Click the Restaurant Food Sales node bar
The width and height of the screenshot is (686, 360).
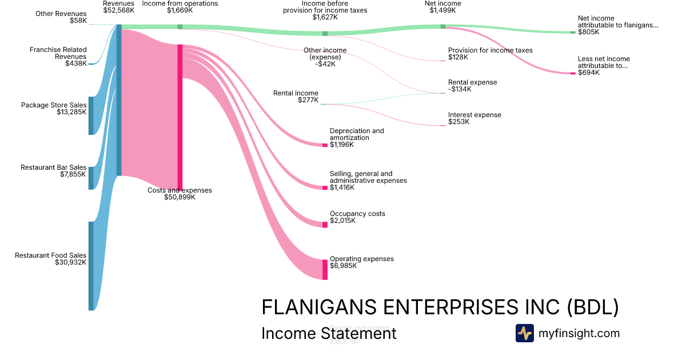tap(91, 266)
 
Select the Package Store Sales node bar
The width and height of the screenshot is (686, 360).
tap(91, 115)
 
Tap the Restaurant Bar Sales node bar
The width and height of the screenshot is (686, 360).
tap(91, 178)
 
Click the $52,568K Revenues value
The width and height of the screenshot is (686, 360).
tap(119, 10)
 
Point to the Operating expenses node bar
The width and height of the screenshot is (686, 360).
tap(325, 269)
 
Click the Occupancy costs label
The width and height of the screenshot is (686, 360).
tap(357, 214)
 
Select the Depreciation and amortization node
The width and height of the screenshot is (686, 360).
tap(325, 145)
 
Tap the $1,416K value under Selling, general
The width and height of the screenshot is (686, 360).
tap(342, 187)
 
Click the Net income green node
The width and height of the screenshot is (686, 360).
tap(443, 26)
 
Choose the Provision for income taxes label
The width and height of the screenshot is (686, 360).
tap(490, 50)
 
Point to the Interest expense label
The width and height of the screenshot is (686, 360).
tap(474, 115)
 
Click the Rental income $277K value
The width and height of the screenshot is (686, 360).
tap(308, 100)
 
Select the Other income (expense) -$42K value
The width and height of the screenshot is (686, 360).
tap(325, 64)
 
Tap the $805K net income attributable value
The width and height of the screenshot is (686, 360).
tap(589, 32)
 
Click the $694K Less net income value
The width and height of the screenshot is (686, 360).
tap(589, 73)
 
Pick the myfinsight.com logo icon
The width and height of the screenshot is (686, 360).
tap(524, 333)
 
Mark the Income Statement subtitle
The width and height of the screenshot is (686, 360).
tap(329, 333)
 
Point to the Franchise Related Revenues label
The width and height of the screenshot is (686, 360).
tap(58, 53)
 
